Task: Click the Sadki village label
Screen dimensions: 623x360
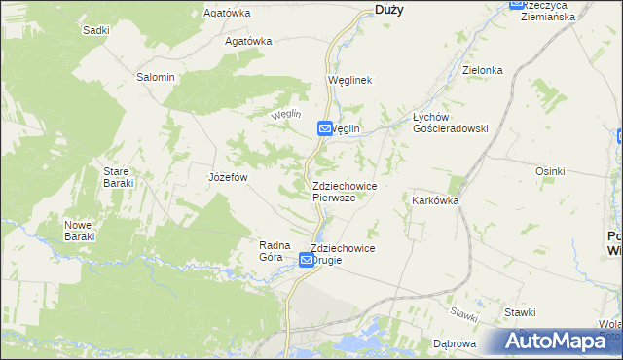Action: (95, 30)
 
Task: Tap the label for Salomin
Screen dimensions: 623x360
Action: (156, 77)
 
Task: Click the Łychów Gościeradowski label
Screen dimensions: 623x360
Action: (449, 121)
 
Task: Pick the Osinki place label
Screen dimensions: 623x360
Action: (550, 171)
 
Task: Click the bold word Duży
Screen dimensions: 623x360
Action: (389, 9)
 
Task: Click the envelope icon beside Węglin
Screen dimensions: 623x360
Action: (324, 128)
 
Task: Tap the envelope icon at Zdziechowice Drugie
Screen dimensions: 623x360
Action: (307, 260)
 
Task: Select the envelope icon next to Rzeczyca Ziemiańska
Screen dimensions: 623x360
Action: (517, 4)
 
